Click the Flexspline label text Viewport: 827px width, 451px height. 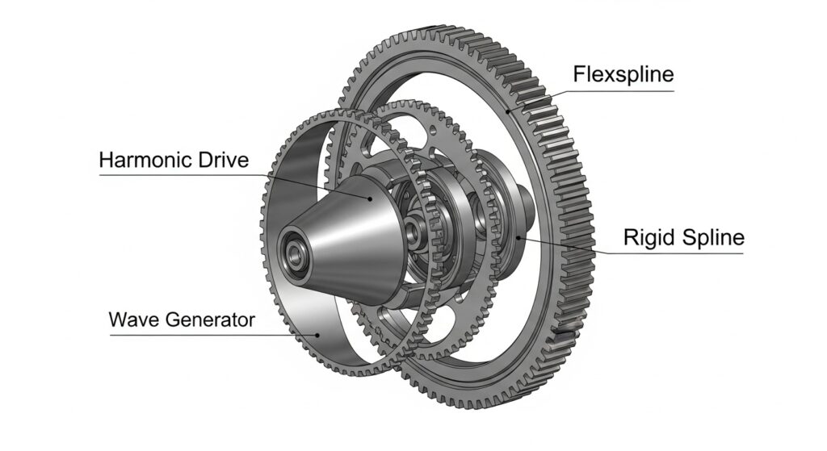pyautogui.click(x=623, y=75)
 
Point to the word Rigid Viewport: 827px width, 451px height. pyautogui.click(x=645, y=238)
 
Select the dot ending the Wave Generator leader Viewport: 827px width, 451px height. pyautogui.click(x=318, y=333)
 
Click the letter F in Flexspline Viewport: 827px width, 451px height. pyautogui.click(x=579, y=75)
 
